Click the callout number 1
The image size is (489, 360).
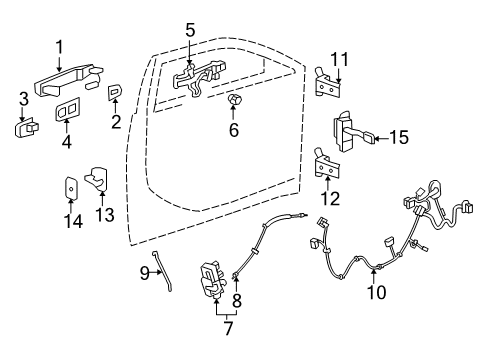pyautogui.click(x=59, y=45)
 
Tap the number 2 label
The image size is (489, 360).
pyautogui.click(x=116, y=122)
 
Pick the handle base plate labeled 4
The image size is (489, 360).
pyautogui.click(x=68, y=111)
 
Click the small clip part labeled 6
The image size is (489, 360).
pyautogui.click(x=234, y=102)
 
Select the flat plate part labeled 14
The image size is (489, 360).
pyautogui.click(x=70, y=188)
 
